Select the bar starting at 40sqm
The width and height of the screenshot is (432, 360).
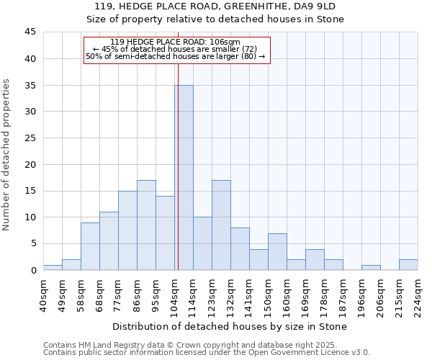pyautogui.click(x=53, y=268)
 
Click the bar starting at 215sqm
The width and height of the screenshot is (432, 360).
pyautogui.click(x=408, y=264)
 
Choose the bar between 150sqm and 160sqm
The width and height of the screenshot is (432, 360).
pyautogui.click(x=277, y=251)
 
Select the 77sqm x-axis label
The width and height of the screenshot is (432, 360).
pyautogui.click(x=119, y=294)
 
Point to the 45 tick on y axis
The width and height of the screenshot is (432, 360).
pyautogui.click(x=30, y=32)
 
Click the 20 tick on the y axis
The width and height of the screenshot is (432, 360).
pyautogui.click(x=30, y=164)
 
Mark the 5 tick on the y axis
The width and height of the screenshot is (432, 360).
pyautogui.click(x=32, y=244)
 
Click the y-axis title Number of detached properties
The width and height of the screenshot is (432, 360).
pyautogui.click(x=7, y=156)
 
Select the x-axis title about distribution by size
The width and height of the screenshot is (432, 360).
pyautogui.click(x=230, y=326)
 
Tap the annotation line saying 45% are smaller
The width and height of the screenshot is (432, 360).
pyautogui.click(x=175, y=49)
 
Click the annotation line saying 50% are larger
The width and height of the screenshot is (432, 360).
pyautogui.click(x=175, y=56)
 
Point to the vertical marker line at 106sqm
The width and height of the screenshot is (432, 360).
pyautogui.click(x=178, y=144)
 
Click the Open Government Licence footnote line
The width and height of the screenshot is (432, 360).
pyautogui.click(x=207, y=352)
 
